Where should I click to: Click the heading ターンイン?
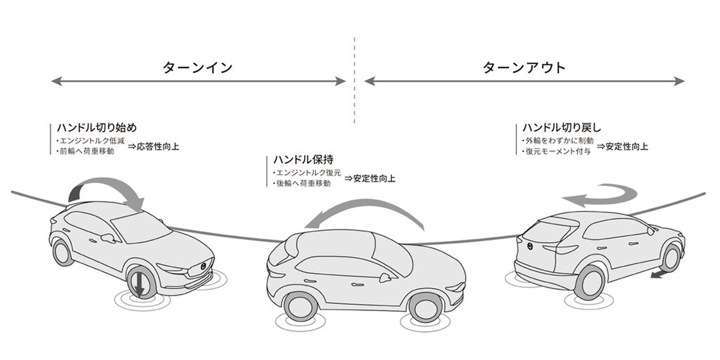pyautogui.click(x=197, y=67)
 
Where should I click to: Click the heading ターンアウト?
pyautogui.click(x=523, y=67)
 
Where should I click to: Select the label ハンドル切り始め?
pyautogui.click(x=96, y=127)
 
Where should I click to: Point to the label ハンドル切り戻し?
pyautogui.click(x=562, y=127)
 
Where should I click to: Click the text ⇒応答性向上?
pyautogui.click(x=154, y=147)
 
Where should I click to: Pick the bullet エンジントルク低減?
pyautogui.click(x=91, y=141)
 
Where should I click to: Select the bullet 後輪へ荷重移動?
pyautogui.click(x=301, y=183)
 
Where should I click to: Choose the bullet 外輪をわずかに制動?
pyautogui.click(x=558, y=141)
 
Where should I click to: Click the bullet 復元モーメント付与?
pyautogui.click(x=557, y=151)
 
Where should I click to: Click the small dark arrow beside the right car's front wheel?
pyautogui.click(x=660, y=274)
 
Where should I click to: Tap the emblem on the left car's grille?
pyautogui.click(x=204, y=266)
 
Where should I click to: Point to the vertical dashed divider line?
pyautogui.click(x=354, y=80)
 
